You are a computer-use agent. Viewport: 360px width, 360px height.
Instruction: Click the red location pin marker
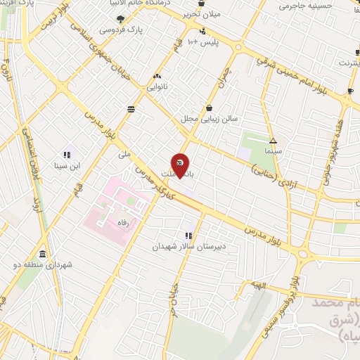pyautogui.click(x=181, y=166)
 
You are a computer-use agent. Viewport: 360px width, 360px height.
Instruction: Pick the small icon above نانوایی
pyautogui.click(x=155, y=77)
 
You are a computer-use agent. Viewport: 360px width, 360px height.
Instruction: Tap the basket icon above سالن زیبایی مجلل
pyautogui.click(x=210, y=108)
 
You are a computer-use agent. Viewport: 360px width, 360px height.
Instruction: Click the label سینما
pyautogui.click(x=273, y=151)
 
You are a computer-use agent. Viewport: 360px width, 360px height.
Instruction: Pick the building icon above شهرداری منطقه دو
pyautogui.click(x=44, y=254)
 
